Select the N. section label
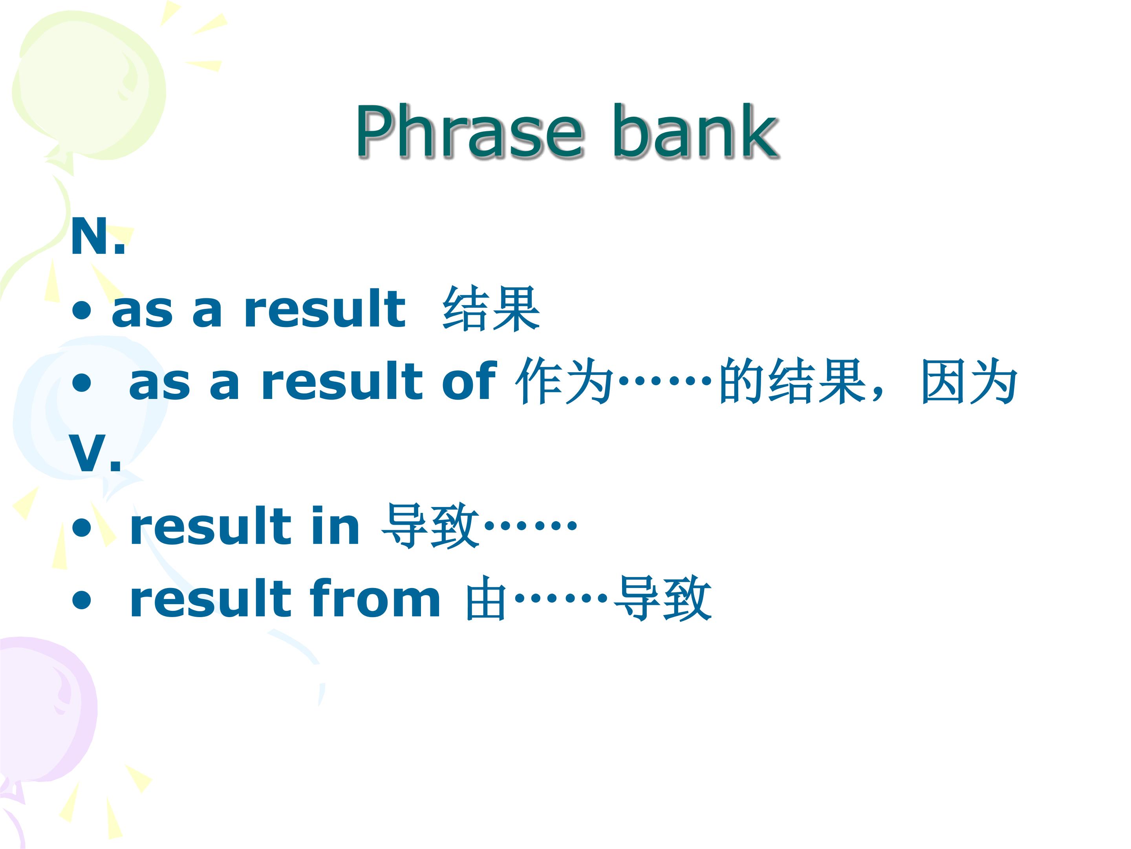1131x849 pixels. (98, 237)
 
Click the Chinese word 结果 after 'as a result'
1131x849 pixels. (491, 309)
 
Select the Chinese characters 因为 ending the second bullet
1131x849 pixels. (968, 382)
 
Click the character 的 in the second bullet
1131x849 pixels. (742, 382)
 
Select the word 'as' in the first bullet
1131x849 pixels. (143, 313)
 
